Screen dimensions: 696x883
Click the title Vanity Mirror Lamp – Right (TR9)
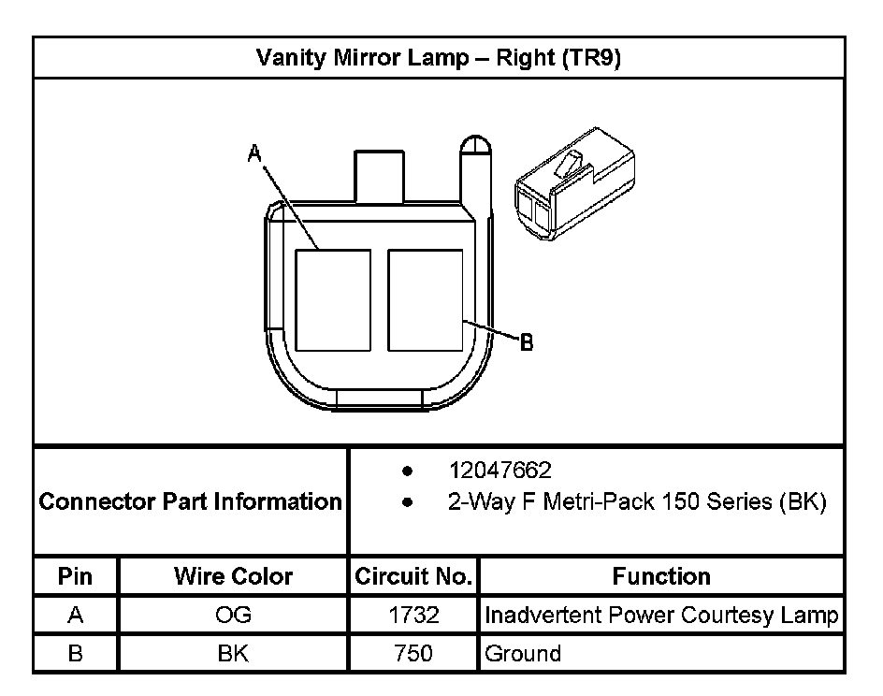(x=439, y=58)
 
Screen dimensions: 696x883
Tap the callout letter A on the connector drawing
(x=253, y=154)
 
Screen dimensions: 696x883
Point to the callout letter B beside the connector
(x=527, y=343)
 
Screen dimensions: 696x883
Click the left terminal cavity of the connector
(x=332, y=300)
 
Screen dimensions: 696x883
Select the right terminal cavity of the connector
(x=425, y=300)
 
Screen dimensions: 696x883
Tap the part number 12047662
(x=499, y=470)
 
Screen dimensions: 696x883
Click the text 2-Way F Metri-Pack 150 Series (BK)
(x=637, y=501)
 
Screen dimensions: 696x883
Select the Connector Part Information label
(x=191, y=501)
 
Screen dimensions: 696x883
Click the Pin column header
(x=76, y=576)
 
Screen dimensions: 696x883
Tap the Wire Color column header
(x=233, y=576)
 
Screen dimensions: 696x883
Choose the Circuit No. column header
(x=413, y=576)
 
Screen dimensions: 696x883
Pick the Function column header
(x=661, y=576)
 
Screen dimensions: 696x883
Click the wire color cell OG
(x=233, y=616)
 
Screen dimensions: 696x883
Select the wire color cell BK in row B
(x=233, y=653)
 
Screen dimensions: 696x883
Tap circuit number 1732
(x=413, y=616)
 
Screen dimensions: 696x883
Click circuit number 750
(x=413, y=653)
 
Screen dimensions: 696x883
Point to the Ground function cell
(x=523, y=653)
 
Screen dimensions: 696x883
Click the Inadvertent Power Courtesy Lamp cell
(x=661, y=616)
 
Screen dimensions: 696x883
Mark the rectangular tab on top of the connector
(x=379, y=175)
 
